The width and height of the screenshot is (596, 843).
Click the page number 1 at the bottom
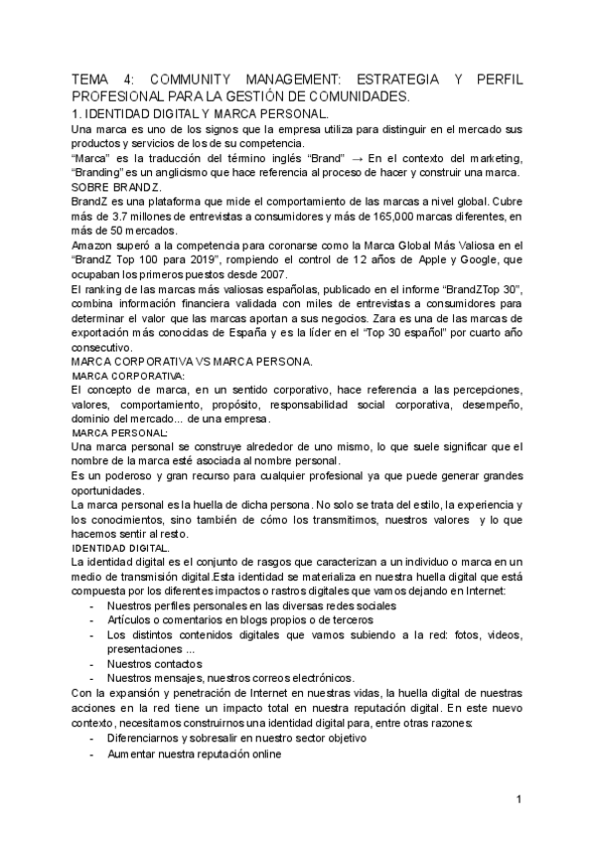coord(518,800)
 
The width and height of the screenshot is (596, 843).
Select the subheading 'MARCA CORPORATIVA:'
coord(128,377)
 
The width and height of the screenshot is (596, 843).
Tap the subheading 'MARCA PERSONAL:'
coord(120,433)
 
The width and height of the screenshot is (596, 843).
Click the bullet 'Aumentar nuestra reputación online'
coord(194,754)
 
